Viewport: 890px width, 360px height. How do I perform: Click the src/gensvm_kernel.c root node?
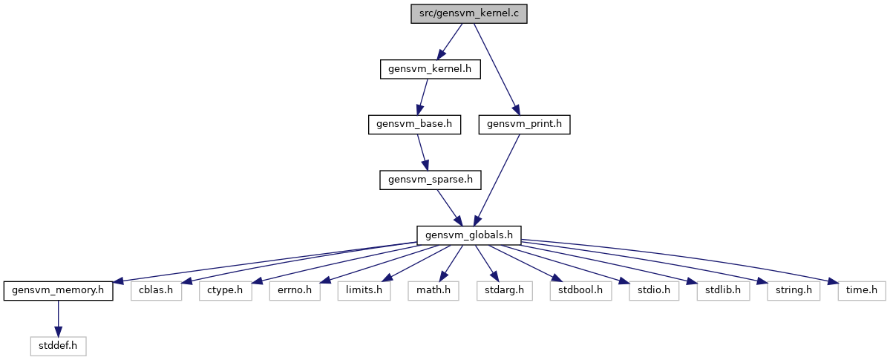[469, 14]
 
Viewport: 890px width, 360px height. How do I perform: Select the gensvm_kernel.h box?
[431, 69]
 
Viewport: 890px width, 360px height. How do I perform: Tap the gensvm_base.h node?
[414, 125]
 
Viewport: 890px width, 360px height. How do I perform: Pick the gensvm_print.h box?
[524, 125]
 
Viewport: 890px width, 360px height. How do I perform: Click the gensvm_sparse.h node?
[431, 180]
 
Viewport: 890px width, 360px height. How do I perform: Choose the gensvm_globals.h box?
[469, 235]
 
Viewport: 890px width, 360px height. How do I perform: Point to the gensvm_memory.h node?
[58, 291]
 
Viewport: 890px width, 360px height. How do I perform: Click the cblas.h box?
[156, 291]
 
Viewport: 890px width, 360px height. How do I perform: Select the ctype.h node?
[226, 291]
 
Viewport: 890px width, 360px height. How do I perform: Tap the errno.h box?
[295, 291]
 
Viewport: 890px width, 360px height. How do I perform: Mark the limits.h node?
[364, 291]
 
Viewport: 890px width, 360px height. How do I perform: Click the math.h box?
[433, 291]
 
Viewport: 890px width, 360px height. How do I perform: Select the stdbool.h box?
[580, 291]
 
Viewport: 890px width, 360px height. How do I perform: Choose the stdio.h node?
[654, 291]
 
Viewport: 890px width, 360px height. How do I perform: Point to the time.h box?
[862, 291]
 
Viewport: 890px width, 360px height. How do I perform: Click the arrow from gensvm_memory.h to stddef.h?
[58, 318]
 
